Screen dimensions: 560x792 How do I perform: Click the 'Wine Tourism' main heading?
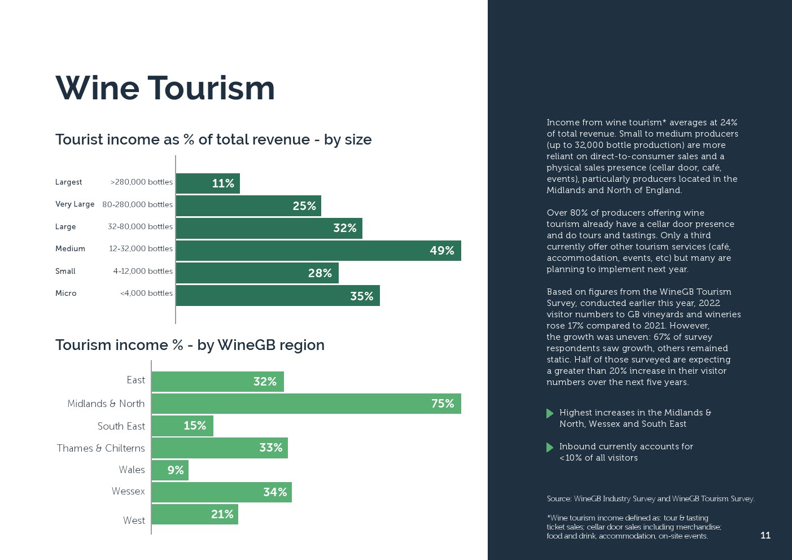point(165,88)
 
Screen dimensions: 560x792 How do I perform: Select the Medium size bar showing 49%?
point(318,251)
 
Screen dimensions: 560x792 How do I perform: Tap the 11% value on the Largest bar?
point(223,183)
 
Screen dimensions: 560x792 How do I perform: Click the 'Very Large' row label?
point(75,204)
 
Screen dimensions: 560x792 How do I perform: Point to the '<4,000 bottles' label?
point(146,294)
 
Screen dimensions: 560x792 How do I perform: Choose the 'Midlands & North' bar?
point(306,404)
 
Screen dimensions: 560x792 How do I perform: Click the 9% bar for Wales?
point(170,470)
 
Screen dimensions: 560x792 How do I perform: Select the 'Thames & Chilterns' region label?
point(101,448)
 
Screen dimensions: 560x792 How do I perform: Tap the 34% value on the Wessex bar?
point(275,492)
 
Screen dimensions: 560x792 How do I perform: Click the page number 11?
point(765,535)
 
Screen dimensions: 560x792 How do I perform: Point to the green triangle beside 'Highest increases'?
point(550,413)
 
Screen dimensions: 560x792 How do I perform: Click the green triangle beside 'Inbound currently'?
point(550,447)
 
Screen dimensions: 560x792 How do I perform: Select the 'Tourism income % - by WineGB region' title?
point(190,345)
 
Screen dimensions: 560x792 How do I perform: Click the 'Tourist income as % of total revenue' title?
point(213,139)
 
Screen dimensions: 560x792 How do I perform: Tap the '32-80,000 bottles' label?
point(140,227)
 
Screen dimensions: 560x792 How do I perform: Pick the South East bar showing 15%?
point(182,426)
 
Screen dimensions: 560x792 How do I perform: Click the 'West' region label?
point(134,520)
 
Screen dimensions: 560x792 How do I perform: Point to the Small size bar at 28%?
point(257,273)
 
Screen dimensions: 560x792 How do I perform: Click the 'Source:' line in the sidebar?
point(650,499)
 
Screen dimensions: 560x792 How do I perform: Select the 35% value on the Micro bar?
point(361,296)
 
